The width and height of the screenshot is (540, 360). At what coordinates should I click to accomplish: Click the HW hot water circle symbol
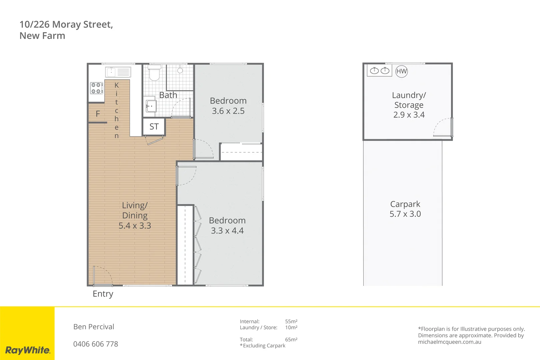click(401, 71)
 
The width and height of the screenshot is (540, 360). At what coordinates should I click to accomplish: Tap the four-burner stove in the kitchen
click(96, 88)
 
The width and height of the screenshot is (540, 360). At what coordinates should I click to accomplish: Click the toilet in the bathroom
click(154, 73)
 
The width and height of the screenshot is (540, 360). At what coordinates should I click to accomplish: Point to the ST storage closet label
click(154, 127)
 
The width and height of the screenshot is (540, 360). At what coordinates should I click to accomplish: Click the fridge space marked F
click(98, 114)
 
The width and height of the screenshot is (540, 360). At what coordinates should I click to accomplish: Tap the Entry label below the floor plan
click(103, 294)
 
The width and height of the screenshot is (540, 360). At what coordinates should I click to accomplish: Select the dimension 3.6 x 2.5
click(228, 111)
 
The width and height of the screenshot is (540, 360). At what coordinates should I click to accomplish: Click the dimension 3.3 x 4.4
click(227, 231)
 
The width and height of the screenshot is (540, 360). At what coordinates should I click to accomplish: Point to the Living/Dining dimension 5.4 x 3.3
click(135, 226)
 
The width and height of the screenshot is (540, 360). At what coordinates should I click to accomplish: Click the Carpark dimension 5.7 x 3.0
click(405, 214)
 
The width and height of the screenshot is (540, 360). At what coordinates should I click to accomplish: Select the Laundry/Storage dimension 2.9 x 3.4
click(409, 115)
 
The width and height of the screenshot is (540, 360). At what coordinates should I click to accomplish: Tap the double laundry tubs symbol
click(380, 71)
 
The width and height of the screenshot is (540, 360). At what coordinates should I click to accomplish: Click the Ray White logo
click(28, 350)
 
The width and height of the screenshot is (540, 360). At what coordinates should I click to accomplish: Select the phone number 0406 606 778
click(96, 344)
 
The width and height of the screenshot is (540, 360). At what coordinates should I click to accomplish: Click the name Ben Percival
click(94, 327)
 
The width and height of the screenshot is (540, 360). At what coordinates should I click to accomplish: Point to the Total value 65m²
click(291, 340)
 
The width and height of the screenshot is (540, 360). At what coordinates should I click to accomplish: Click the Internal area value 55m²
click(291, 322)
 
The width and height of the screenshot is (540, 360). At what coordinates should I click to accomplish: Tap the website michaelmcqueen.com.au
click(449, 342)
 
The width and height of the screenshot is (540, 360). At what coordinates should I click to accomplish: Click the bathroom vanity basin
click(151, 106)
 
